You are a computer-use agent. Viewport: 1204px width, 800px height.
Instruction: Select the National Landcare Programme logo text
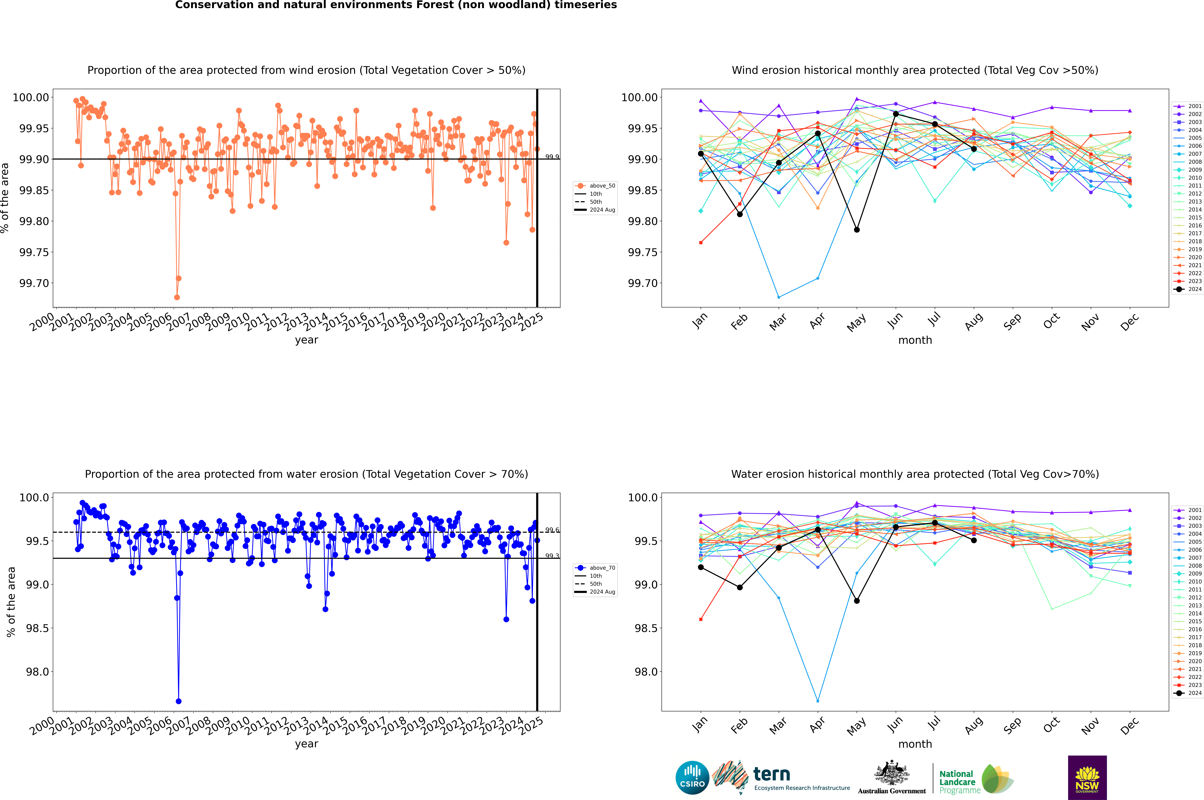pos(957,782)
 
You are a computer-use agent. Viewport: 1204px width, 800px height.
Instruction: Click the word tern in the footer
pos(772,775)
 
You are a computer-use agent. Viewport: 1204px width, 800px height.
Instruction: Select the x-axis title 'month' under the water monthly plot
pos(915,744)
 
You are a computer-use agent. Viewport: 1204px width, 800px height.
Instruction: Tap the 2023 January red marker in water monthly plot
pos(701,619)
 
